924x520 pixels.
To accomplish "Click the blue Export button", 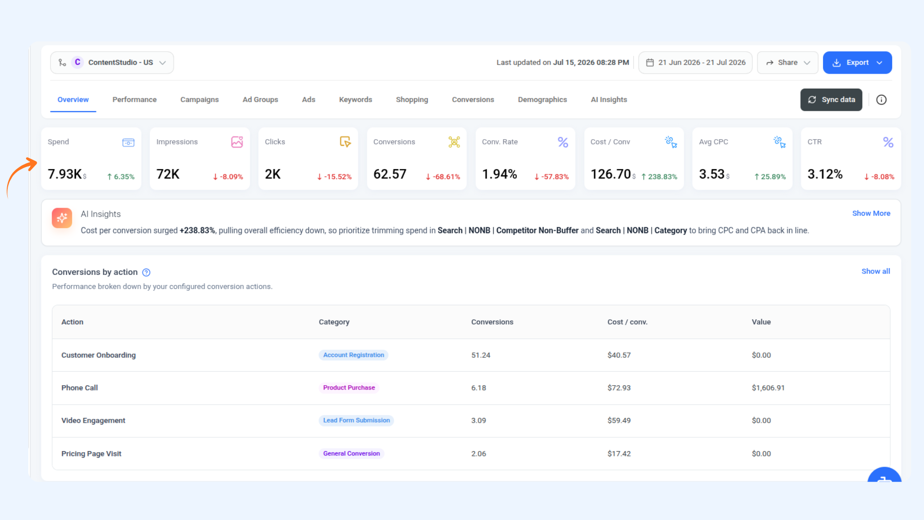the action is click(x=857, y=63).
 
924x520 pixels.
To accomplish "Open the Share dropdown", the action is click(x=787, y=63).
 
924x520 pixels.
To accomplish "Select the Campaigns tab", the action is click(x=199, y=100).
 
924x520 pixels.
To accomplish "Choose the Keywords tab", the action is click(x=356, y=100).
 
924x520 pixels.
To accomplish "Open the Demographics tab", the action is click(x=542, y=100).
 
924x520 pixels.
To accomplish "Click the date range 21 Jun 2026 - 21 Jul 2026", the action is click(x=695, y=63).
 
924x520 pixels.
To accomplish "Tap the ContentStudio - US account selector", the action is click(x=112, y=63).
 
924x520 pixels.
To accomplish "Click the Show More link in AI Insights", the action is click(x=871, y=213).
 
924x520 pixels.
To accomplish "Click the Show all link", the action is click(x=875, y=272).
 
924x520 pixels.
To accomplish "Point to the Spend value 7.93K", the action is click(x=64, y=174).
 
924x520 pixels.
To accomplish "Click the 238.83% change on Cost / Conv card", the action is click(x=659, y=177).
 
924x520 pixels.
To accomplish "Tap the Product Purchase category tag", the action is click(x=349, y=388).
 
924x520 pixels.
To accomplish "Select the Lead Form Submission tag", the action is click(x=357, y=420).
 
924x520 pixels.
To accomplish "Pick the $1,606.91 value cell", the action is click(x=768, y=388).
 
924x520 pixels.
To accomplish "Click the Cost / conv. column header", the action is click(x=628, y=322).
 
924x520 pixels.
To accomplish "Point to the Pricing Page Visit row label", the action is click(x=91, y=454).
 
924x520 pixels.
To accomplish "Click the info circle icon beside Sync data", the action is click(x=881, y=100).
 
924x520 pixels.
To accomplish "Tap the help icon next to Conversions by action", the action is click(x=146, y=273).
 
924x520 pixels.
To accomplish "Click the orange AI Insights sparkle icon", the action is click(x=62, y=218).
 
